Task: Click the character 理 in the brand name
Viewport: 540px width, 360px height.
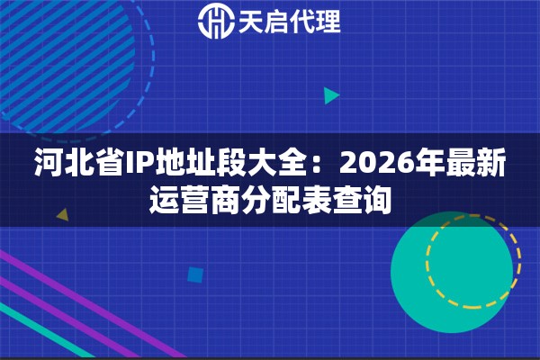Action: click(x=328, y=22)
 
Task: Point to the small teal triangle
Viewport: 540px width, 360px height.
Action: click(x=331, y=95)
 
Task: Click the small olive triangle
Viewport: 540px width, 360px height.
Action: click(x=62, y=215)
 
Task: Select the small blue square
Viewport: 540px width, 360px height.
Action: click(x=194, y=274)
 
